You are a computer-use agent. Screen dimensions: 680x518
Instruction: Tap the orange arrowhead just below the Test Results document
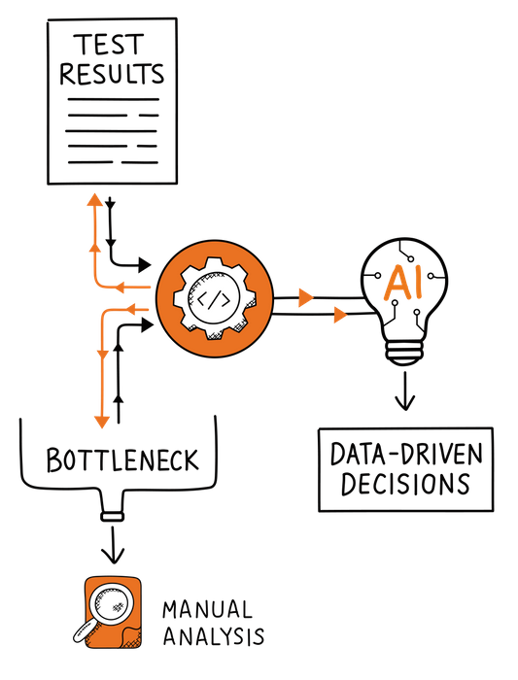point(94,201)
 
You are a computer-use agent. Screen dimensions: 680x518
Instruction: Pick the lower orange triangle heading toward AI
point(339,314)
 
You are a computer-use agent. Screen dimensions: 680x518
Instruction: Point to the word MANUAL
point(205,610)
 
